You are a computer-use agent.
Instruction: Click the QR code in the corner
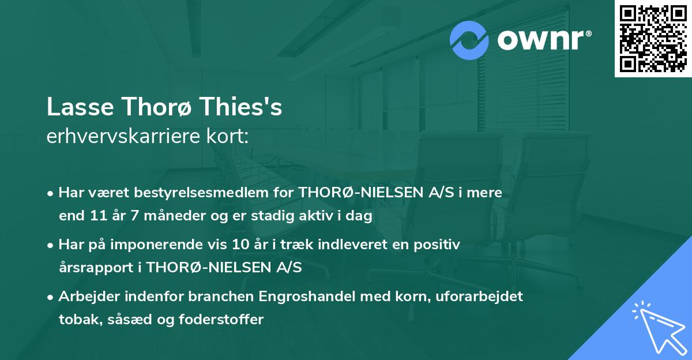tap(653, 39)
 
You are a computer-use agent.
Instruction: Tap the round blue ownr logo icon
tap(469, 40)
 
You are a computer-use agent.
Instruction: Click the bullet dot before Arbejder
tap(51, 297)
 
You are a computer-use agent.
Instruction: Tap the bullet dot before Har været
tap(51, 193)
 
